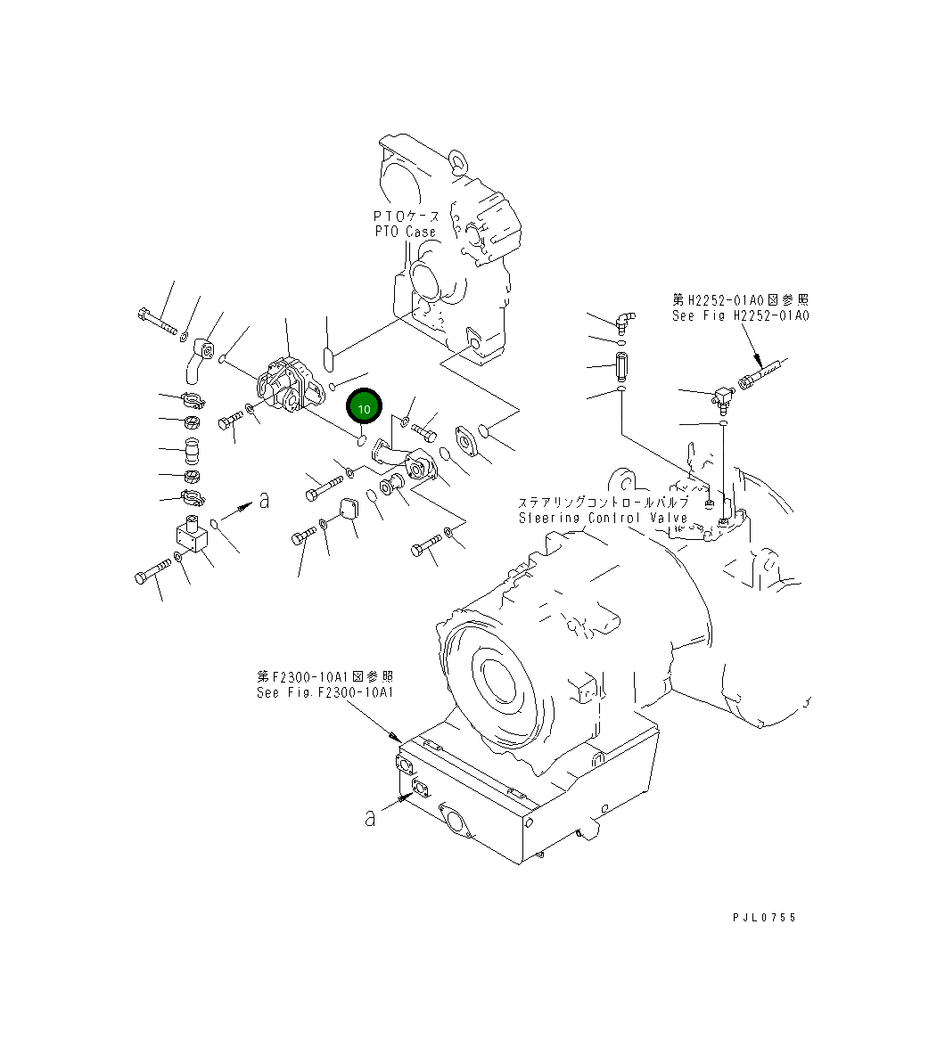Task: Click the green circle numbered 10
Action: [364, 407]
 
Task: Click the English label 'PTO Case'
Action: [406, 232]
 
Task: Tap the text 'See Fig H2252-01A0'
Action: [740, 316]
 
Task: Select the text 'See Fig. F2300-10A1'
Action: [325, 692]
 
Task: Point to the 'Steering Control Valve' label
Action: [603, 518]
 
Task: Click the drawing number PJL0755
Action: [764, 917]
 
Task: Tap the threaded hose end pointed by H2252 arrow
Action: [762, 372]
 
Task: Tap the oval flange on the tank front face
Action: [457, 822]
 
